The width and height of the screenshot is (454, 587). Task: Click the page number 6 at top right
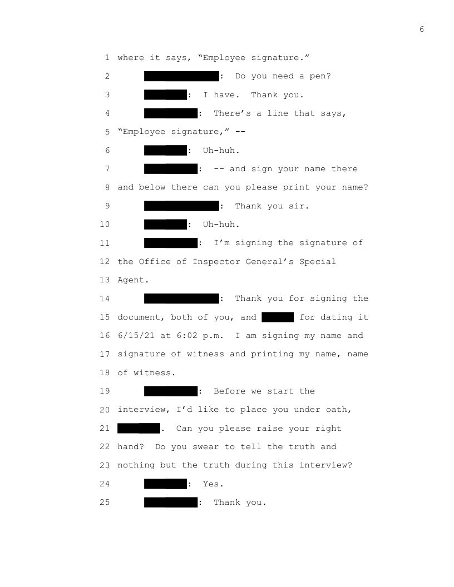coord(422,29)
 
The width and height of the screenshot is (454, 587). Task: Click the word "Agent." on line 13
coord(134,280)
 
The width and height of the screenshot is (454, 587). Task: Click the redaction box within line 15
coord(278,317)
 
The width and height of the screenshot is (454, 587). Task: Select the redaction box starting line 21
coord(139,429)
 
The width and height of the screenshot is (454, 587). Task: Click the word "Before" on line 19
coord(230,391)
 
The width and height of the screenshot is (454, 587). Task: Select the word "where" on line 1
coord(131,58)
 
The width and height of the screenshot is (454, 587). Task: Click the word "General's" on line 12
coord(270,262)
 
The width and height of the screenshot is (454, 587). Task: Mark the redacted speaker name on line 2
coord(181,76)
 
